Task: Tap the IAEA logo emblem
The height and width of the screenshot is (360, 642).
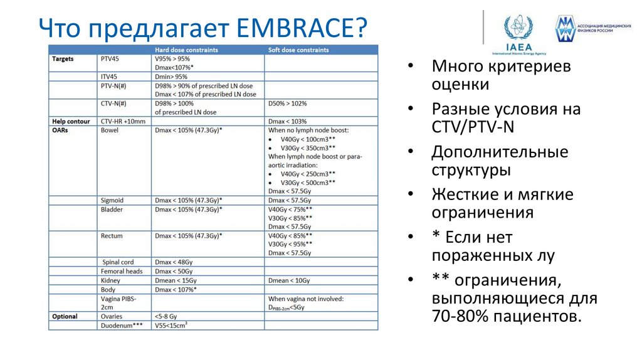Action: coord(518,29)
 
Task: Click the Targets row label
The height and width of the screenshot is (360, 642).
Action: coord(63,59)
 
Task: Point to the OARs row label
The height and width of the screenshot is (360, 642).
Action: coord(60,130)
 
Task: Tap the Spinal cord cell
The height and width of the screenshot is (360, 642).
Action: coord(118,262)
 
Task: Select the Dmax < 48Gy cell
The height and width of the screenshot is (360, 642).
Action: coord(173,262)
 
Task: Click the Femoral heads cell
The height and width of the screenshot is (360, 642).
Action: coord(122,272)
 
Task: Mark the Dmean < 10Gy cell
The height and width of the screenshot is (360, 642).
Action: coord(289,280)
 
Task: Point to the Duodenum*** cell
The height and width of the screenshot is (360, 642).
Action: coord(122,326)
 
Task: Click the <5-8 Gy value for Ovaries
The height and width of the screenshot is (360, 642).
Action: coord(169,317)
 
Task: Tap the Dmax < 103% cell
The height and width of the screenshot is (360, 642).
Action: coord(287,121)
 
